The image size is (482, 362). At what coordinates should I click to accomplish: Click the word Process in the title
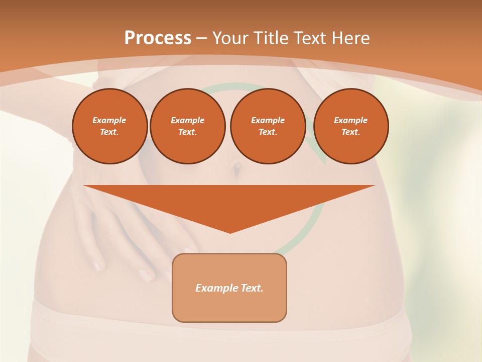158,38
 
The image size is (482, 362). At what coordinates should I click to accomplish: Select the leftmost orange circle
110,126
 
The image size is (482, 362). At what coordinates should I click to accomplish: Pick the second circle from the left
188,126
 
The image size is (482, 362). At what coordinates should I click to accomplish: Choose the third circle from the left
268,126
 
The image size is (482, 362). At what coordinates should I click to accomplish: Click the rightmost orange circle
351,126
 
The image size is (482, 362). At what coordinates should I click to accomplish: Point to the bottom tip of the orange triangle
230,232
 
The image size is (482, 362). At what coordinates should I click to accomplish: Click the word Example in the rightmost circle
350,120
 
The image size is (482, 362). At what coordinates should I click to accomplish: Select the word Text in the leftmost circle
109,132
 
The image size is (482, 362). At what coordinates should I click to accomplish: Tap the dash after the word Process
201,39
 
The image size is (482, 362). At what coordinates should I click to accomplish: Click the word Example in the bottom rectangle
215,288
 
